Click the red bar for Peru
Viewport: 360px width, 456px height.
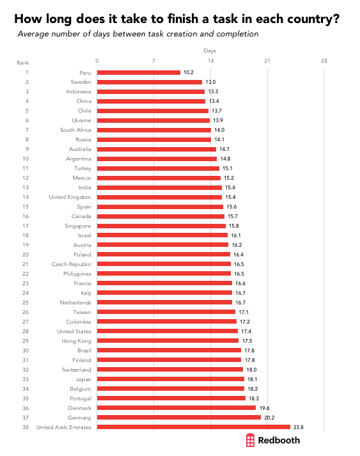point(139,72)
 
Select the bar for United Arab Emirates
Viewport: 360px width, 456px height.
point(193,427)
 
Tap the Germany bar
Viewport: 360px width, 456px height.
point(178,418)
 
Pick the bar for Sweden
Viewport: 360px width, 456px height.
point(149,82)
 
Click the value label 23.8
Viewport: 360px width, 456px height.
point(299,427)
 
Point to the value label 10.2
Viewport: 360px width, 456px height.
point(189,72)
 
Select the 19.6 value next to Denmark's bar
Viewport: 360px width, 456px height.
point(264,408)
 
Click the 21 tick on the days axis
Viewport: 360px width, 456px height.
point(267,61)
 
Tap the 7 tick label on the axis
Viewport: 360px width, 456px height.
point(153,61)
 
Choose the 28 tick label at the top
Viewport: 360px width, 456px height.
point(324,61)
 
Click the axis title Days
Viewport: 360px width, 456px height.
point(210,49)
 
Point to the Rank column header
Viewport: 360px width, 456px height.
point(22,62)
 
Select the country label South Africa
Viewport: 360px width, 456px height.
point(75,130)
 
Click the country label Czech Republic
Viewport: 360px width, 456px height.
point(72,264)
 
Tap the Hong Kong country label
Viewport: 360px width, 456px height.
point(77,341)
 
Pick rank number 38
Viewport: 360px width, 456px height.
point(26,427)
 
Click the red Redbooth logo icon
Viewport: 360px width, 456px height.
point(251,440)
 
